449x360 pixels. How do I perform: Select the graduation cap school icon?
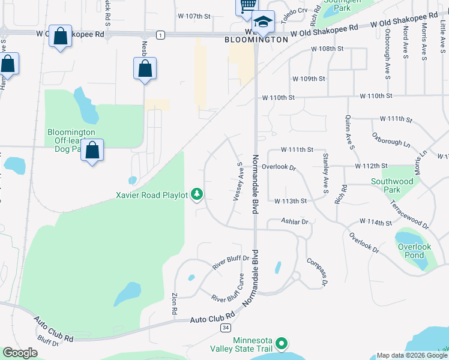pyautogui.click(x=263, y=22)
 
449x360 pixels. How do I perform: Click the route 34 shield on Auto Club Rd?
pyautogui.click(x=225, y=328)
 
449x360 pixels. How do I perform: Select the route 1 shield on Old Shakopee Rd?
pyautogui.click(x=160, y=35)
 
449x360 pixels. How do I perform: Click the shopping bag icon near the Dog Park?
pyautogui.click(x=92, y=150)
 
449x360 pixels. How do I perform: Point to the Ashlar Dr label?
pyautogui.click(x=295, y=221)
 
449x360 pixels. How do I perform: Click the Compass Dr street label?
pyautogui.click(x=317, y=271)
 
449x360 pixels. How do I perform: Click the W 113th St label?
pyautogui.click(x=291, y=201)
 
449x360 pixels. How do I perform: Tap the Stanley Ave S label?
pyautogui.click(x=326, y=173)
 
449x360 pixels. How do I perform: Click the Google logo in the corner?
pyautogui.click(x=20, y=353)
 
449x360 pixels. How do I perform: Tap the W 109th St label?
pyautogui.click(x=309, y=79)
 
